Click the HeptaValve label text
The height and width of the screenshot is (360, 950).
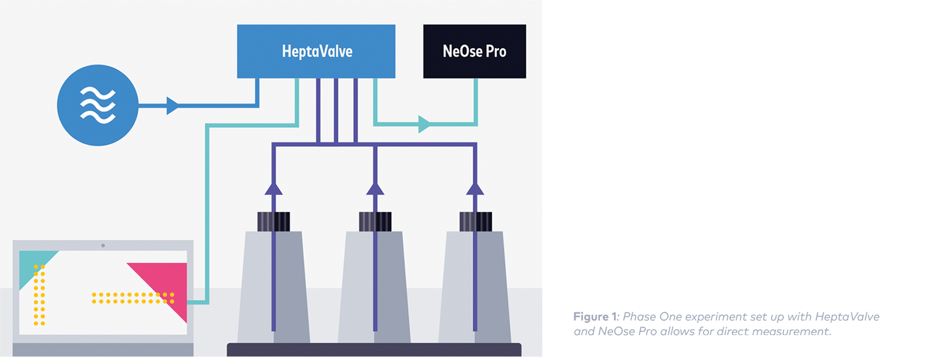pyautogui.click(x=317, y=51)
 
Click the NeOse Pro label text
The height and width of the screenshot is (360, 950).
pyautogui.click(x=474, y=51)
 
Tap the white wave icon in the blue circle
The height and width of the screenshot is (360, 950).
pyautogui.click(x=98, y=105)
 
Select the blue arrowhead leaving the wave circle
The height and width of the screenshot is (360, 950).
pyautogui.click(x=172, y=106)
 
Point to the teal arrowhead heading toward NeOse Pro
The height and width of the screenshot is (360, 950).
pyautogui.click(x=424, y=124)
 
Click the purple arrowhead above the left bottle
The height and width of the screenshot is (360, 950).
pyautogui.click(x=273, y=189)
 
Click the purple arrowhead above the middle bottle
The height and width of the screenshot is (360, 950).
pyautogui.click(x=375, y=189)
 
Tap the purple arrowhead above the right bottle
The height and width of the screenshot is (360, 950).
pyautogui.click(x=475, y=189)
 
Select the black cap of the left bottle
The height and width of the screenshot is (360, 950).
pyautogui.click(x=273, y=222)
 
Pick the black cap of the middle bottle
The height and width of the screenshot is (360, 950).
pyautogui.click(x=375, y=222)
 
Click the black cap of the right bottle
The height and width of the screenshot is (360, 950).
pyautogui.click(x=475, y=222)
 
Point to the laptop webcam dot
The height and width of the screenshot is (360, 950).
pyautogui.click(x=103, y=246)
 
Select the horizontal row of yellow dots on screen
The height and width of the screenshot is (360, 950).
pyautogui.click(x=133, y=298)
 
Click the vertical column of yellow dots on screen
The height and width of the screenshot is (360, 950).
pyautogui.click(x=39, y=295)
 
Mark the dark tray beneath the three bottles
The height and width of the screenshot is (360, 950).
pyautogui.click(x=374, y=350)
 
